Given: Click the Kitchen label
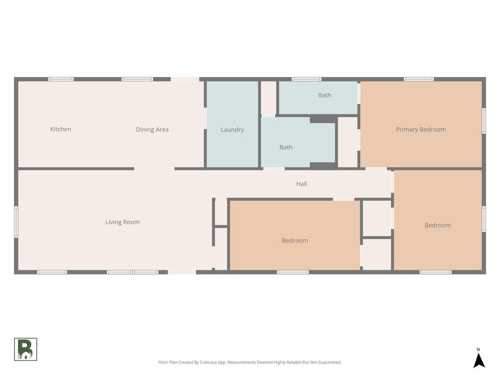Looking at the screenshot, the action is click(60, 129).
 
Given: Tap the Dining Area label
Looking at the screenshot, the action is click(152, 130).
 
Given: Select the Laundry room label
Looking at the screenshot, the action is click(232, 130).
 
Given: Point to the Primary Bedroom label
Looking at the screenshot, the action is click(421, 129).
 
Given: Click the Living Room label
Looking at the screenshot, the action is click(122, 222).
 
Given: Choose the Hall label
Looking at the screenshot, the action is click(301, 184).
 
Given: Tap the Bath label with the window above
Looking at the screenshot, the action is click(324, 95).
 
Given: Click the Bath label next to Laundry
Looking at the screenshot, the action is click(286, 147).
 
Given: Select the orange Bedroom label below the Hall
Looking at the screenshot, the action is click(295, 240).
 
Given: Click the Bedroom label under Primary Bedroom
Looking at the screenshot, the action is click(437, 225).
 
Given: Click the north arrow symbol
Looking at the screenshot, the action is click(479, 360).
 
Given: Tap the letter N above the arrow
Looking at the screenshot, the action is click(478, 350).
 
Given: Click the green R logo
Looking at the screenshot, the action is click(25, 349).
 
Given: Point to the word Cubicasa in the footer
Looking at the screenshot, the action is click(208, 362).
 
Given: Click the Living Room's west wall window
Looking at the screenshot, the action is click(16, 222).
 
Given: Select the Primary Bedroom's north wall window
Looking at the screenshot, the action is click(419, 79).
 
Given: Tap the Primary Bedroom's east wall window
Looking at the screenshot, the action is click(484, 121).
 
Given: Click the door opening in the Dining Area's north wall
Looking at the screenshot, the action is click(185, 79).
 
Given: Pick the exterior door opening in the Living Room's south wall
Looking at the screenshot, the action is click(182, 272).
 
